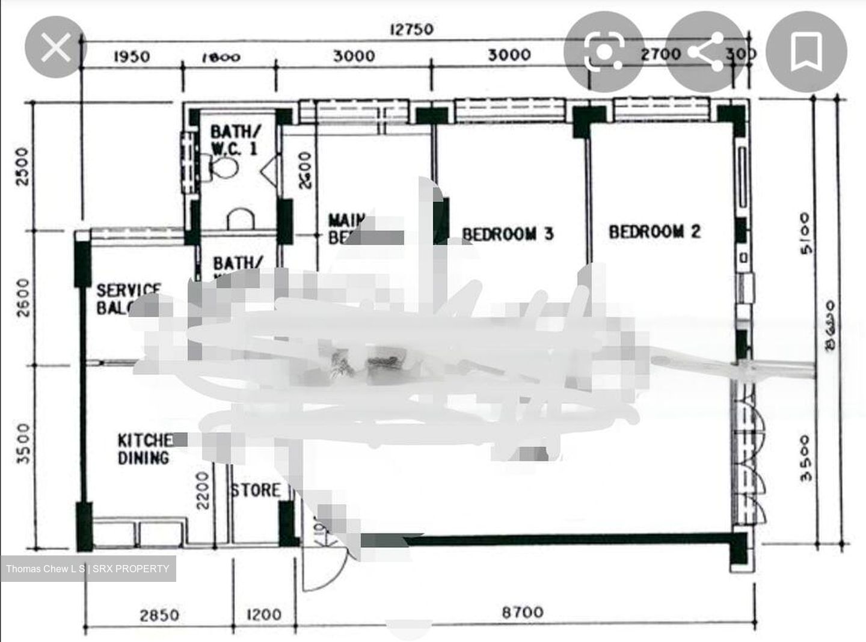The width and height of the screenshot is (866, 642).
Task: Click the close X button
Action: (55, 47)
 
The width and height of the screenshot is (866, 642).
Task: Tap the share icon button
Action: (705, 52)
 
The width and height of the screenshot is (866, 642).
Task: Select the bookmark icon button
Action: (806, 52)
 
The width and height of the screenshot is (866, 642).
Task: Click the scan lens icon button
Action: (603, 52)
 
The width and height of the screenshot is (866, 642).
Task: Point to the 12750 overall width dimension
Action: (411, 29)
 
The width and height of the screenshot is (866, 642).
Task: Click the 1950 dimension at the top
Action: (132, 57)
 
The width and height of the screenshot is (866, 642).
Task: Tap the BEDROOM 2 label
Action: (654, 231)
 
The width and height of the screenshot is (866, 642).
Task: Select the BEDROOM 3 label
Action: (507, 234)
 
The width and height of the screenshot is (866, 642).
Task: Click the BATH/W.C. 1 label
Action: (235, 139)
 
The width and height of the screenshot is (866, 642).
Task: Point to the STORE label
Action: (256, 490)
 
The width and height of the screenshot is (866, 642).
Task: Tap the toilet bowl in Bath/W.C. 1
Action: (223, 165)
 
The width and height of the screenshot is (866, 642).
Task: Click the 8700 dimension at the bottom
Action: (522, 613)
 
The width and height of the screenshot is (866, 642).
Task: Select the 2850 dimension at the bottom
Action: (159, 614)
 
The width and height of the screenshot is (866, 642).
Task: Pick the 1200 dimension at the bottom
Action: (264, 614)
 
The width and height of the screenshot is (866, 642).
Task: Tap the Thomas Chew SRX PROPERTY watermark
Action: (88, 568)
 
